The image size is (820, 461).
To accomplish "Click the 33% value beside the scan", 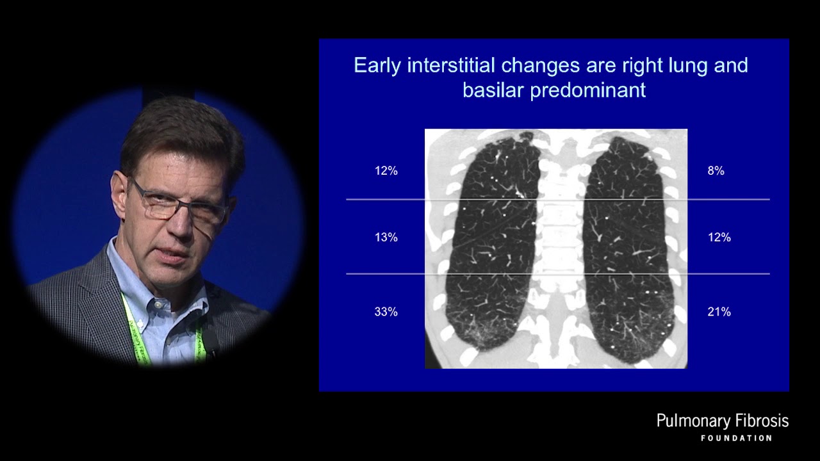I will point(386,312).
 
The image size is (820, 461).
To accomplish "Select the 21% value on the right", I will point(719,312).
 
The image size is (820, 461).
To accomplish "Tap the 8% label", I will point(716,171).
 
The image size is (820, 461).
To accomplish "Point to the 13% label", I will point(386,238).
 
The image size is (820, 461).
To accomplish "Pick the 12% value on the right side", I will point(719,238).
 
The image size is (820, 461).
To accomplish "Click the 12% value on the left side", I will point(386,171).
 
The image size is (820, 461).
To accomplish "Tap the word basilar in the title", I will point(493,90).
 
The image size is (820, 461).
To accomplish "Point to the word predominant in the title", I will point(588,90).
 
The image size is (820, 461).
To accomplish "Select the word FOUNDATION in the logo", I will point(736,439).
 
